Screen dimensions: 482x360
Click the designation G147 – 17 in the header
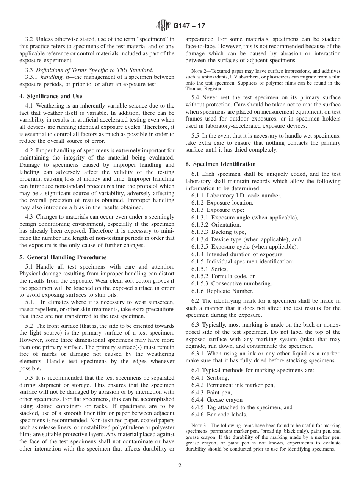(x=189, y=26)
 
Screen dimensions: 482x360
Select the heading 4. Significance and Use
(x=51, y=96)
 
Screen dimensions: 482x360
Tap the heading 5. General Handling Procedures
(x=63, y=257)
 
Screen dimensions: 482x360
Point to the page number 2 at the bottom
(x=180, y=466)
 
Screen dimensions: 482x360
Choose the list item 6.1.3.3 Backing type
(x=219, y=232)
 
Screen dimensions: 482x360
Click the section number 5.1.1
(x=32, y=302)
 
